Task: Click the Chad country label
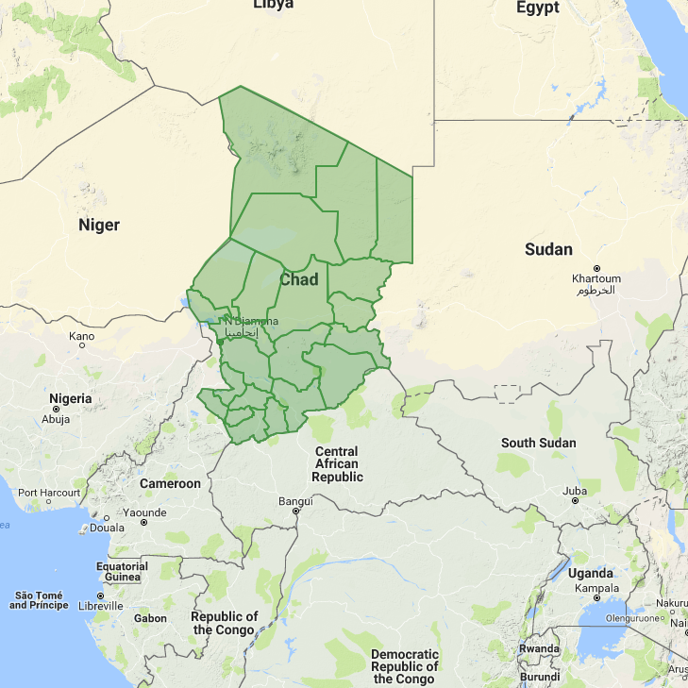(299, 279)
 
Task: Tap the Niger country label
(99, 225)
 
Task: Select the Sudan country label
(548, 249)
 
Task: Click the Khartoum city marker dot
(596, 267)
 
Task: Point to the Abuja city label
(57, 420)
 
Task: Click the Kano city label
(82, 336)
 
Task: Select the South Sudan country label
(538, 443)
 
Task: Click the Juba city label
(575, 491)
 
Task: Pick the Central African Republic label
(337, 464)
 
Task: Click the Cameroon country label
(170, 483)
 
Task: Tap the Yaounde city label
(143, 512)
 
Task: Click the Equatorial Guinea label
(122, 572)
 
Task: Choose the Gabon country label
(151, 619)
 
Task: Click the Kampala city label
(596, 587)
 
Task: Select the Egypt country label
(538, 8)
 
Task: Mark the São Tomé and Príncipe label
(39, 600)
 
